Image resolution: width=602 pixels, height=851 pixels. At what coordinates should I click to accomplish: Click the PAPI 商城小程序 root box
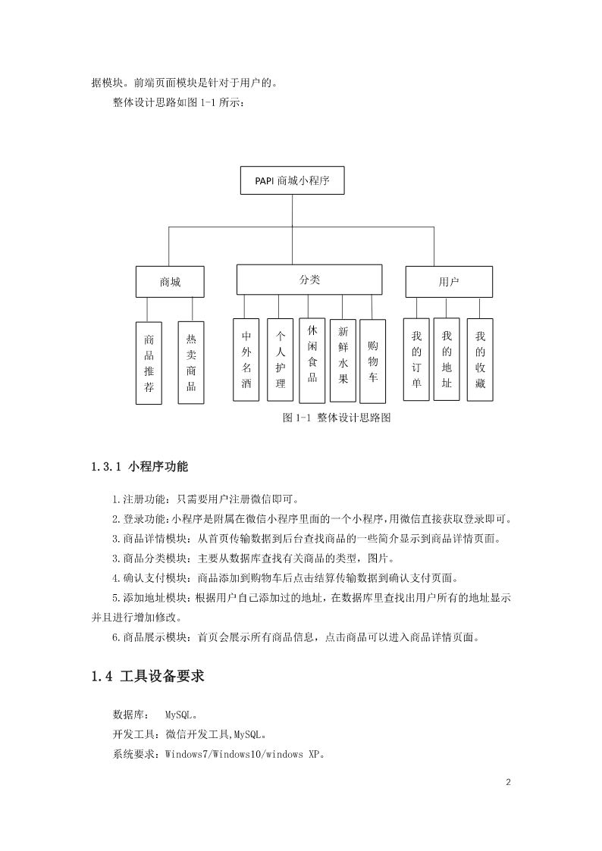pyautogui.click(x=292, y=180)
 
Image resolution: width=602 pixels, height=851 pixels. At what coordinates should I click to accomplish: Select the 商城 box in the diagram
pyautogui.click(x=170, y=282)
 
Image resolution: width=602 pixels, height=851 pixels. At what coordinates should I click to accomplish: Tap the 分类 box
pyautogui.click(x=309, y=280)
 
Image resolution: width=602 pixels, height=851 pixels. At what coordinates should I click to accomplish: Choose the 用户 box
pyautogui.click(x=449, y=282)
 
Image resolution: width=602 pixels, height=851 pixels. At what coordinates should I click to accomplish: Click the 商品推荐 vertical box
pyautogui.click(x=149, y=363)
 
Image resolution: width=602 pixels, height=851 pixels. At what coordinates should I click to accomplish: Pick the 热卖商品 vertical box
pyautogui.click(x=191, y=362)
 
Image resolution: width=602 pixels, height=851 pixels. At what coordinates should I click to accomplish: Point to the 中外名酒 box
pyautogui.click(x=246, y=360)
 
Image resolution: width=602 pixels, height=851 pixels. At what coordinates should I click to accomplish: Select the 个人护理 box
pyautogui.click(x=280, y=360)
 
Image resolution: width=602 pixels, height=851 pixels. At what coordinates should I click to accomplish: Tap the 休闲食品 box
pyautogui.click(x=312, y=361)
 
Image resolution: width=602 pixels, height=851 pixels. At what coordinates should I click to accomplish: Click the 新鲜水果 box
pyautogui.click(x=343, y=361)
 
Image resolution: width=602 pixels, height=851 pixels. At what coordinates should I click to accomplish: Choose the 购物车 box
pyautogui.click(x=373, y=361)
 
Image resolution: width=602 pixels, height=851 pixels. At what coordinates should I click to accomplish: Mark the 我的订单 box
pyautogui.click(x=416, y=359)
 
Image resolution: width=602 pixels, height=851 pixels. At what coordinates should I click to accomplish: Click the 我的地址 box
pyautogui.click(x=447, y=359)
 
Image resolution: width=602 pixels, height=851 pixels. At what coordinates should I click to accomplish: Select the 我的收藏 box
pyautogui.click(x=481, y=360)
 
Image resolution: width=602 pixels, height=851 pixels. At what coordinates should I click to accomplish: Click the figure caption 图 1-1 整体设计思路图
pyautogui.click(x=337, y=418)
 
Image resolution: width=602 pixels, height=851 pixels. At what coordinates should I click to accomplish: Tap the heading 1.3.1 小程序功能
pyautogui.click(x=140, y=466)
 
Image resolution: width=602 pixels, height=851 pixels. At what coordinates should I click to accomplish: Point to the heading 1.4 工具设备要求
pyautogui.click(x=148, y=676)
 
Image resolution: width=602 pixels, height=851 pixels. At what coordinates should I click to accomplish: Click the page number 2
pyautogui.click(x=508, y=782)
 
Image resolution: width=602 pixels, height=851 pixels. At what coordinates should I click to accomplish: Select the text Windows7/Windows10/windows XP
pyautogui.click(x=242, y=754)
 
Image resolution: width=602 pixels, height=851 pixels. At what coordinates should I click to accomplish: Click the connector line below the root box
pyautogui.click(x=292, y=211)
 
